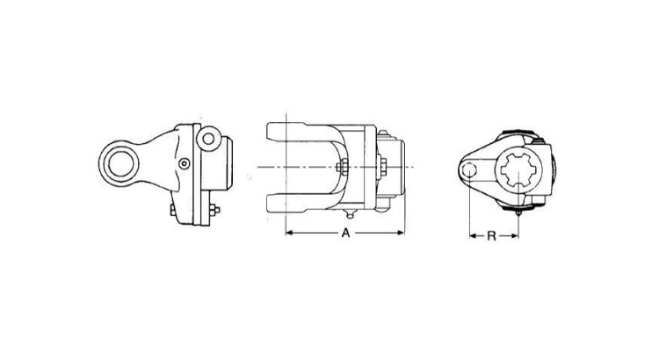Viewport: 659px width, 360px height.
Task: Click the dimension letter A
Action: [x=345, y=234]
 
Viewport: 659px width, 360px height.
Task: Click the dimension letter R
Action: [x=493, y=234]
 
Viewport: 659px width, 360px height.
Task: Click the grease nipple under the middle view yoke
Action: [x=350, y=215]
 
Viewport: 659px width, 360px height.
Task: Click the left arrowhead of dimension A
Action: [x=289, y=234]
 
